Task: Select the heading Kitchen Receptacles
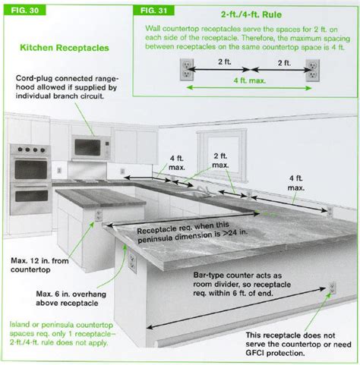(63, 48)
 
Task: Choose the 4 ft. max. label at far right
(297, 181)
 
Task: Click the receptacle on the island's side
(98, 216)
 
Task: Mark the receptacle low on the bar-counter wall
(332, 288)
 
